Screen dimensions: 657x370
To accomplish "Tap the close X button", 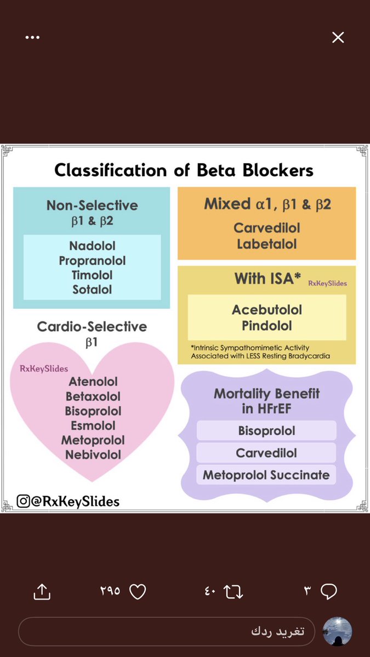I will [338, 37].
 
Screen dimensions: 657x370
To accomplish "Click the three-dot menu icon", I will [32, 37].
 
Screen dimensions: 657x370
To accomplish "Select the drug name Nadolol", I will [92, 246].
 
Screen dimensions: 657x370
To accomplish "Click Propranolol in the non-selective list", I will [92, 261].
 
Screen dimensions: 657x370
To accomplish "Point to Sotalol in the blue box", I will [92, 289].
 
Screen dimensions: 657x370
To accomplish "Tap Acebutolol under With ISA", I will [267, 310].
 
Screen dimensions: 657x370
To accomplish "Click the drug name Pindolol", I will [267, 326].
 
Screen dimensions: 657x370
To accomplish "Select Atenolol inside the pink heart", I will [93, 382].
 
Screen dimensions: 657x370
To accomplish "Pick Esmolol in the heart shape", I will [93, 425].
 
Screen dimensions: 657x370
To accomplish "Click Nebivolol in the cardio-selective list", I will [93, 454].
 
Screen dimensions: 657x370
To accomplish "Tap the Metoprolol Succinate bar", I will [266, 475].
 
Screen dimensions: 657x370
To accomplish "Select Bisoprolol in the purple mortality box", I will [266, 431].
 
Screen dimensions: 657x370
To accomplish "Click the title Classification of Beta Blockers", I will [184, 170].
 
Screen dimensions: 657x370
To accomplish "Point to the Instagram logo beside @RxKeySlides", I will [23, 501].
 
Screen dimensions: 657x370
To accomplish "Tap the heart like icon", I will [138, 591].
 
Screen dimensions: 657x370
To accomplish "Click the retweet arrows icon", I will [234, 591].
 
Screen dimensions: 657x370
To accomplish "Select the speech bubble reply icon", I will [328, 591].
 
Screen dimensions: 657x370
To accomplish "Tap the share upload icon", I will [42, 591].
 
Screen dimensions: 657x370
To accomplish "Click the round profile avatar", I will [337, 631].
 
